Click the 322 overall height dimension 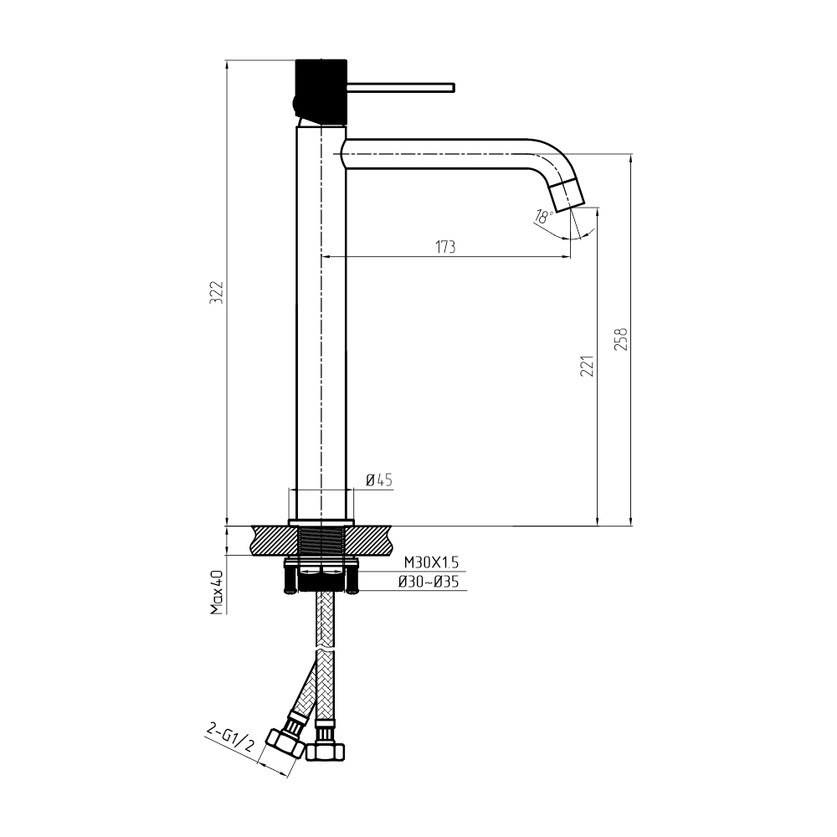pyautogui.click(x=217, y=292)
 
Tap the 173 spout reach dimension pyautogui.click(x=446, y=247)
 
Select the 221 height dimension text pyautogui.click(x=588, y=366)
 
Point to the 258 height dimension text pyautogui.click(x=621, y=338)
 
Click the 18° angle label pyautogui.click(x=544, y=216)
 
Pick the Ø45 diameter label pyautogui.click(x=379, y=480)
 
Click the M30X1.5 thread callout pyautogui.click(x=431, y=562)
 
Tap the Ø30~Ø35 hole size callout pyautogui.click(x=429, y=582)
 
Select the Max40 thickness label pyautogui.click(x=216, y=592)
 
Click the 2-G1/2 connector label pyautogui.click(x=229, y=737)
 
